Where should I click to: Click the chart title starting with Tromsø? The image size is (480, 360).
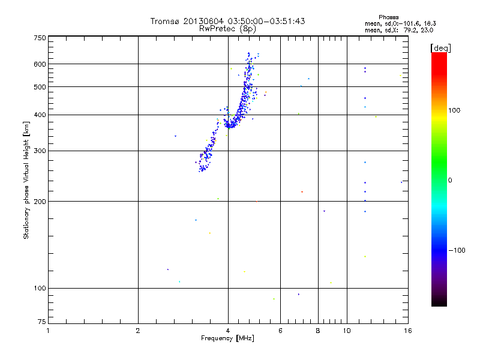coord(227,21)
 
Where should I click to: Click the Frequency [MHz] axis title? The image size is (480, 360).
coord(227,338)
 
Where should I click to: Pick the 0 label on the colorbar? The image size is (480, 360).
coord(451,180)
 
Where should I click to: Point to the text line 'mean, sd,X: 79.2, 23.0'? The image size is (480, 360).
coord(399,29)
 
